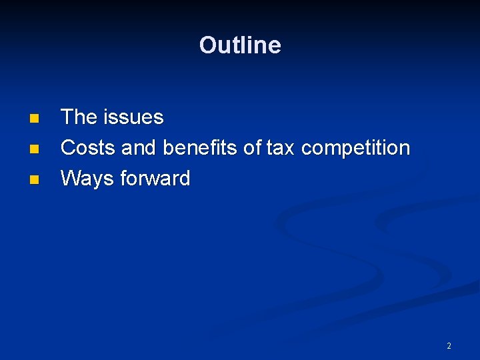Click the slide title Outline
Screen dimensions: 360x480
point(240,45)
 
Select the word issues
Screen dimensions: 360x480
point(133,118)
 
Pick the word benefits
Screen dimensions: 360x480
point(200,148)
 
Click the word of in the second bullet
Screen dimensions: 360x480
point(253,148)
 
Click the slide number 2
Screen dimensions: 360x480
point(449,345)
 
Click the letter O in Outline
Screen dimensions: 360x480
point(207,45)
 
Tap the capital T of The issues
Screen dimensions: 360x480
point(67,117)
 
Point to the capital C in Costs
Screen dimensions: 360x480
point(67,148)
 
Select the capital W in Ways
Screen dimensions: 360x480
point(69,179)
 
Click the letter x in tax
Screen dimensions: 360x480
point(291,149)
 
